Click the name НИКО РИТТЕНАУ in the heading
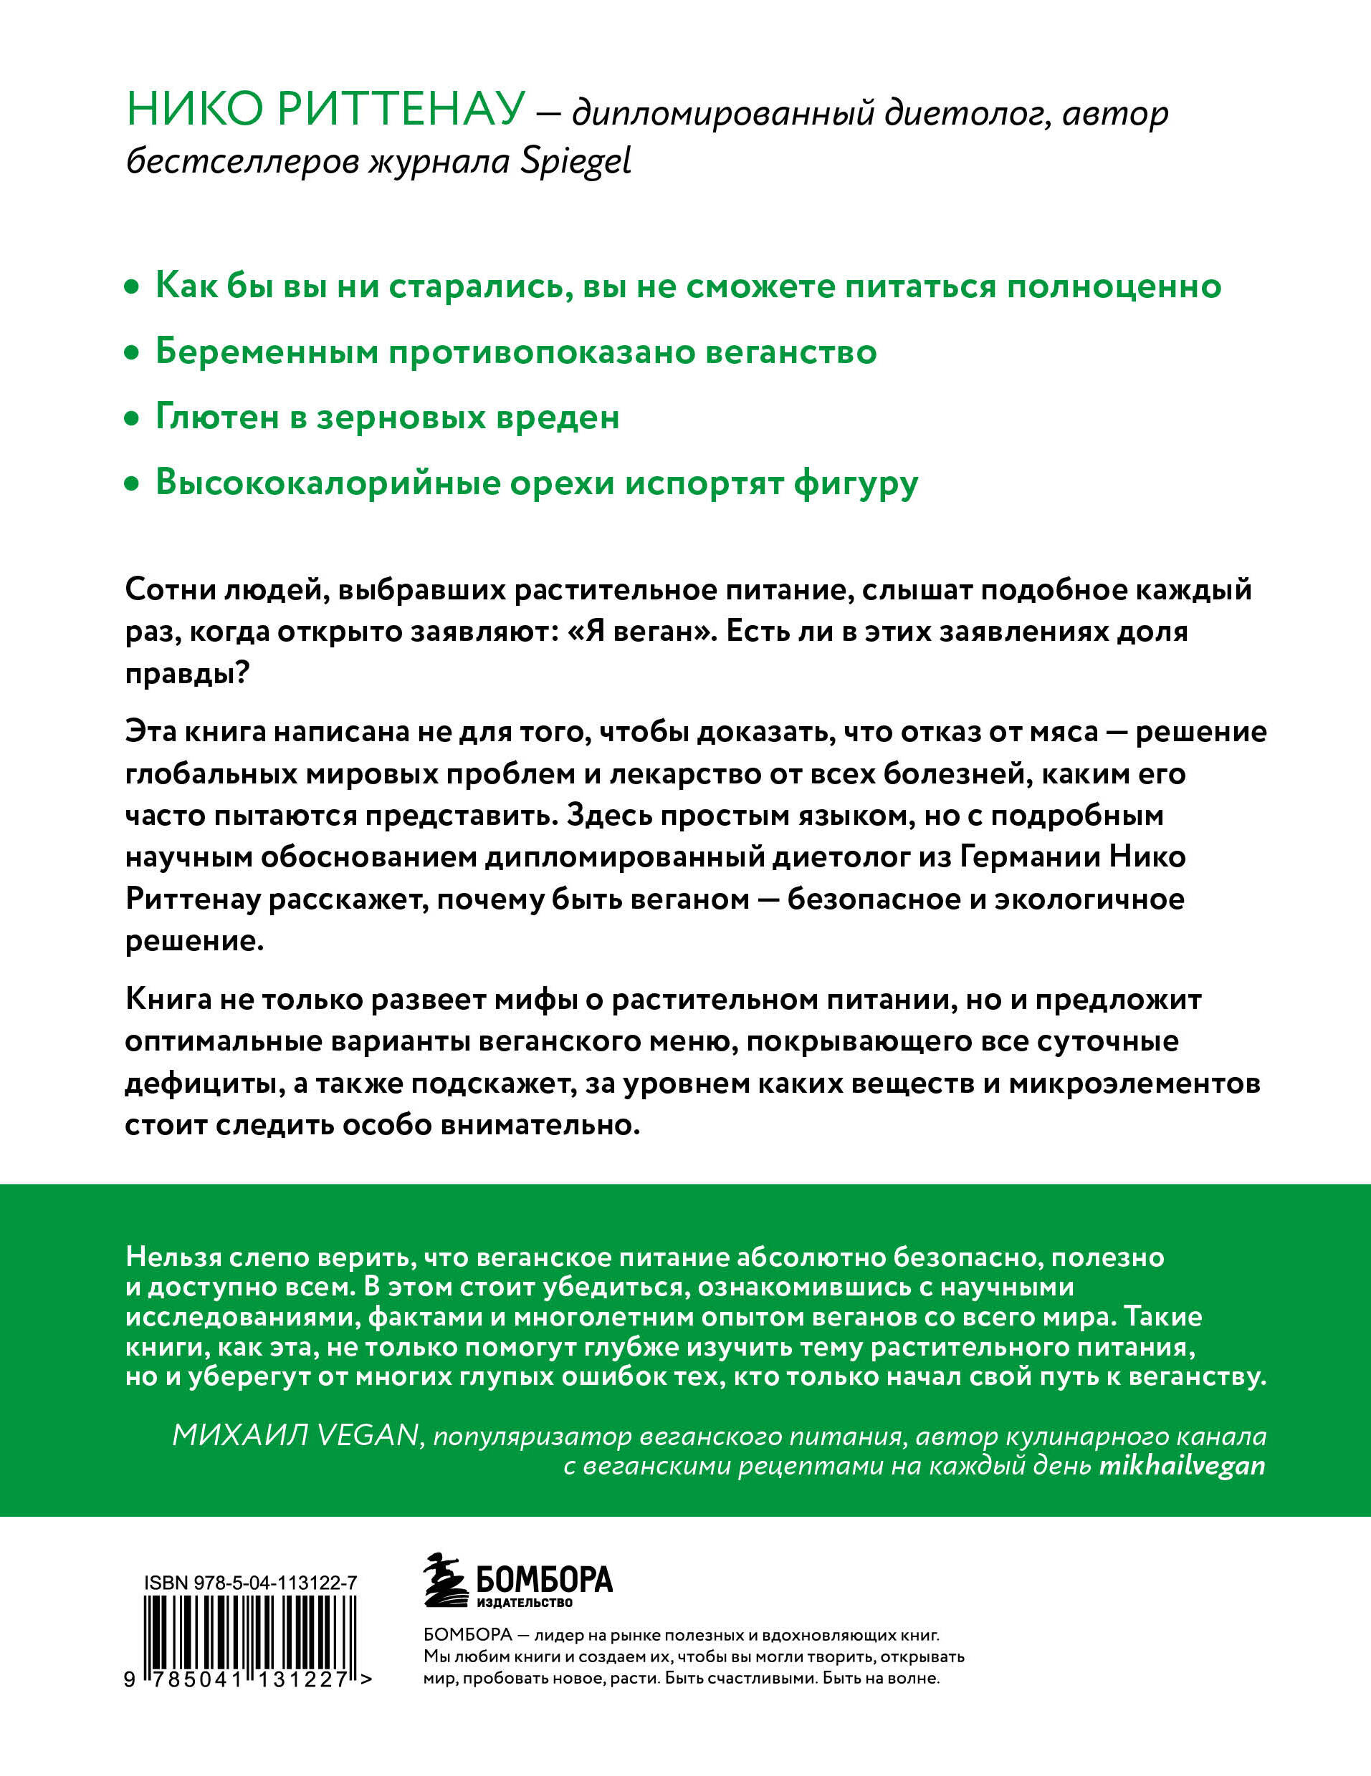[x=325, y=109]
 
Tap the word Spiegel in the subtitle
[x=575, y=162]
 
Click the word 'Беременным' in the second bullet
[x=264, y=353]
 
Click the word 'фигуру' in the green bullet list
[x=855, y=484]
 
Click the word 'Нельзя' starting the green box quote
[x=172, y=1258]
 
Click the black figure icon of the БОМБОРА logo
[x=445, y=1580]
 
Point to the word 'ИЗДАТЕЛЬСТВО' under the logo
[x=524, y=1603]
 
